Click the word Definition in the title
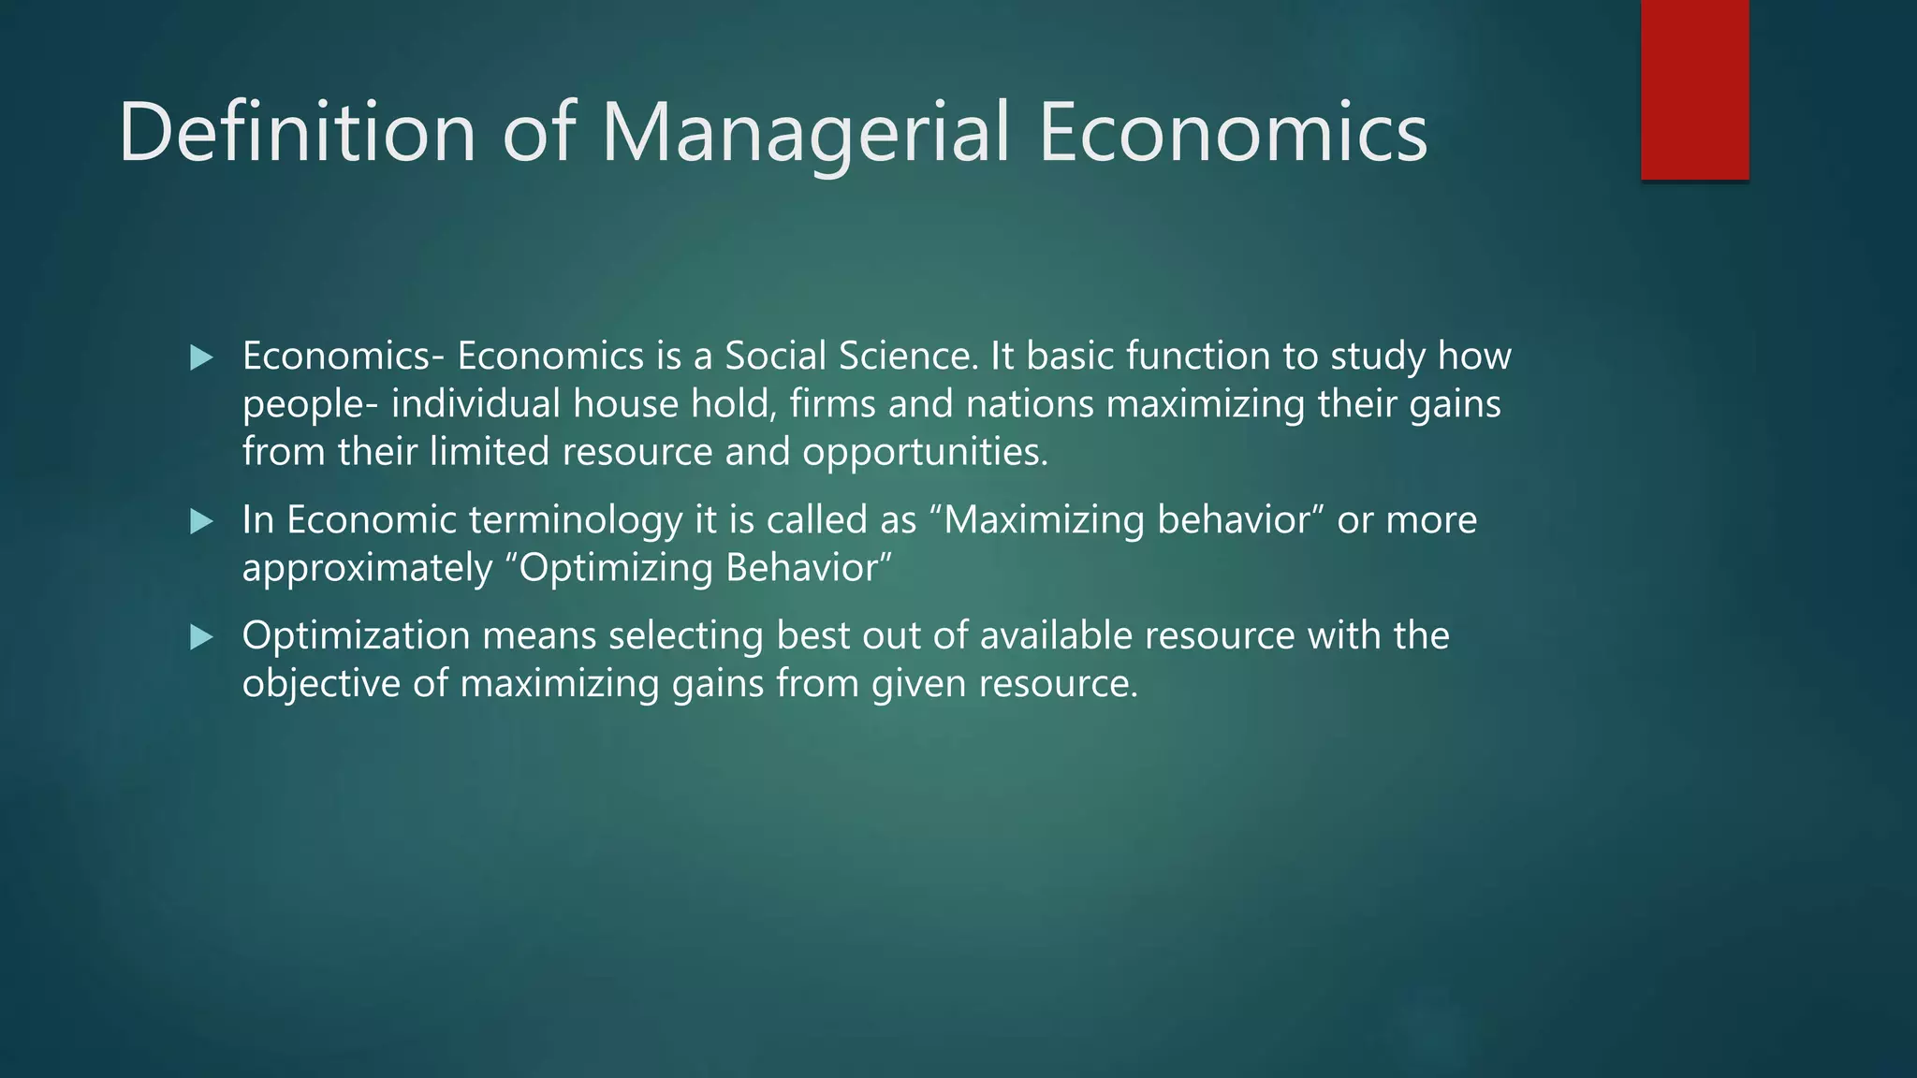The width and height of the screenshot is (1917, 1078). [x=298, y=132]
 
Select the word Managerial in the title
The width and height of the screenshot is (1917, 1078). [x=806, y=132]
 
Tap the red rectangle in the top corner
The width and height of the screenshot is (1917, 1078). [x=1694, y=90]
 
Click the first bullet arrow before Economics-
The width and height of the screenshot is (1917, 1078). [x=201, y=357]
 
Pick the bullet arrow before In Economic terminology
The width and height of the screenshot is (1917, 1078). [x=201, y=521]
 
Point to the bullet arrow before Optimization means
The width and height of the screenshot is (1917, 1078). [x=201, y=638]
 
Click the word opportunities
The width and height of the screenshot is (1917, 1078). [x=925, y=453]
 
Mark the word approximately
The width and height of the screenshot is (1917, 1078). [x=367, y=569]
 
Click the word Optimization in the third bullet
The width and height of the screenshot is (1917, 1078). [x=356, y=636]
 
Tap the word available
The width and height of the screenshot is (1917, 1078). [x=1056, y=636]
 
